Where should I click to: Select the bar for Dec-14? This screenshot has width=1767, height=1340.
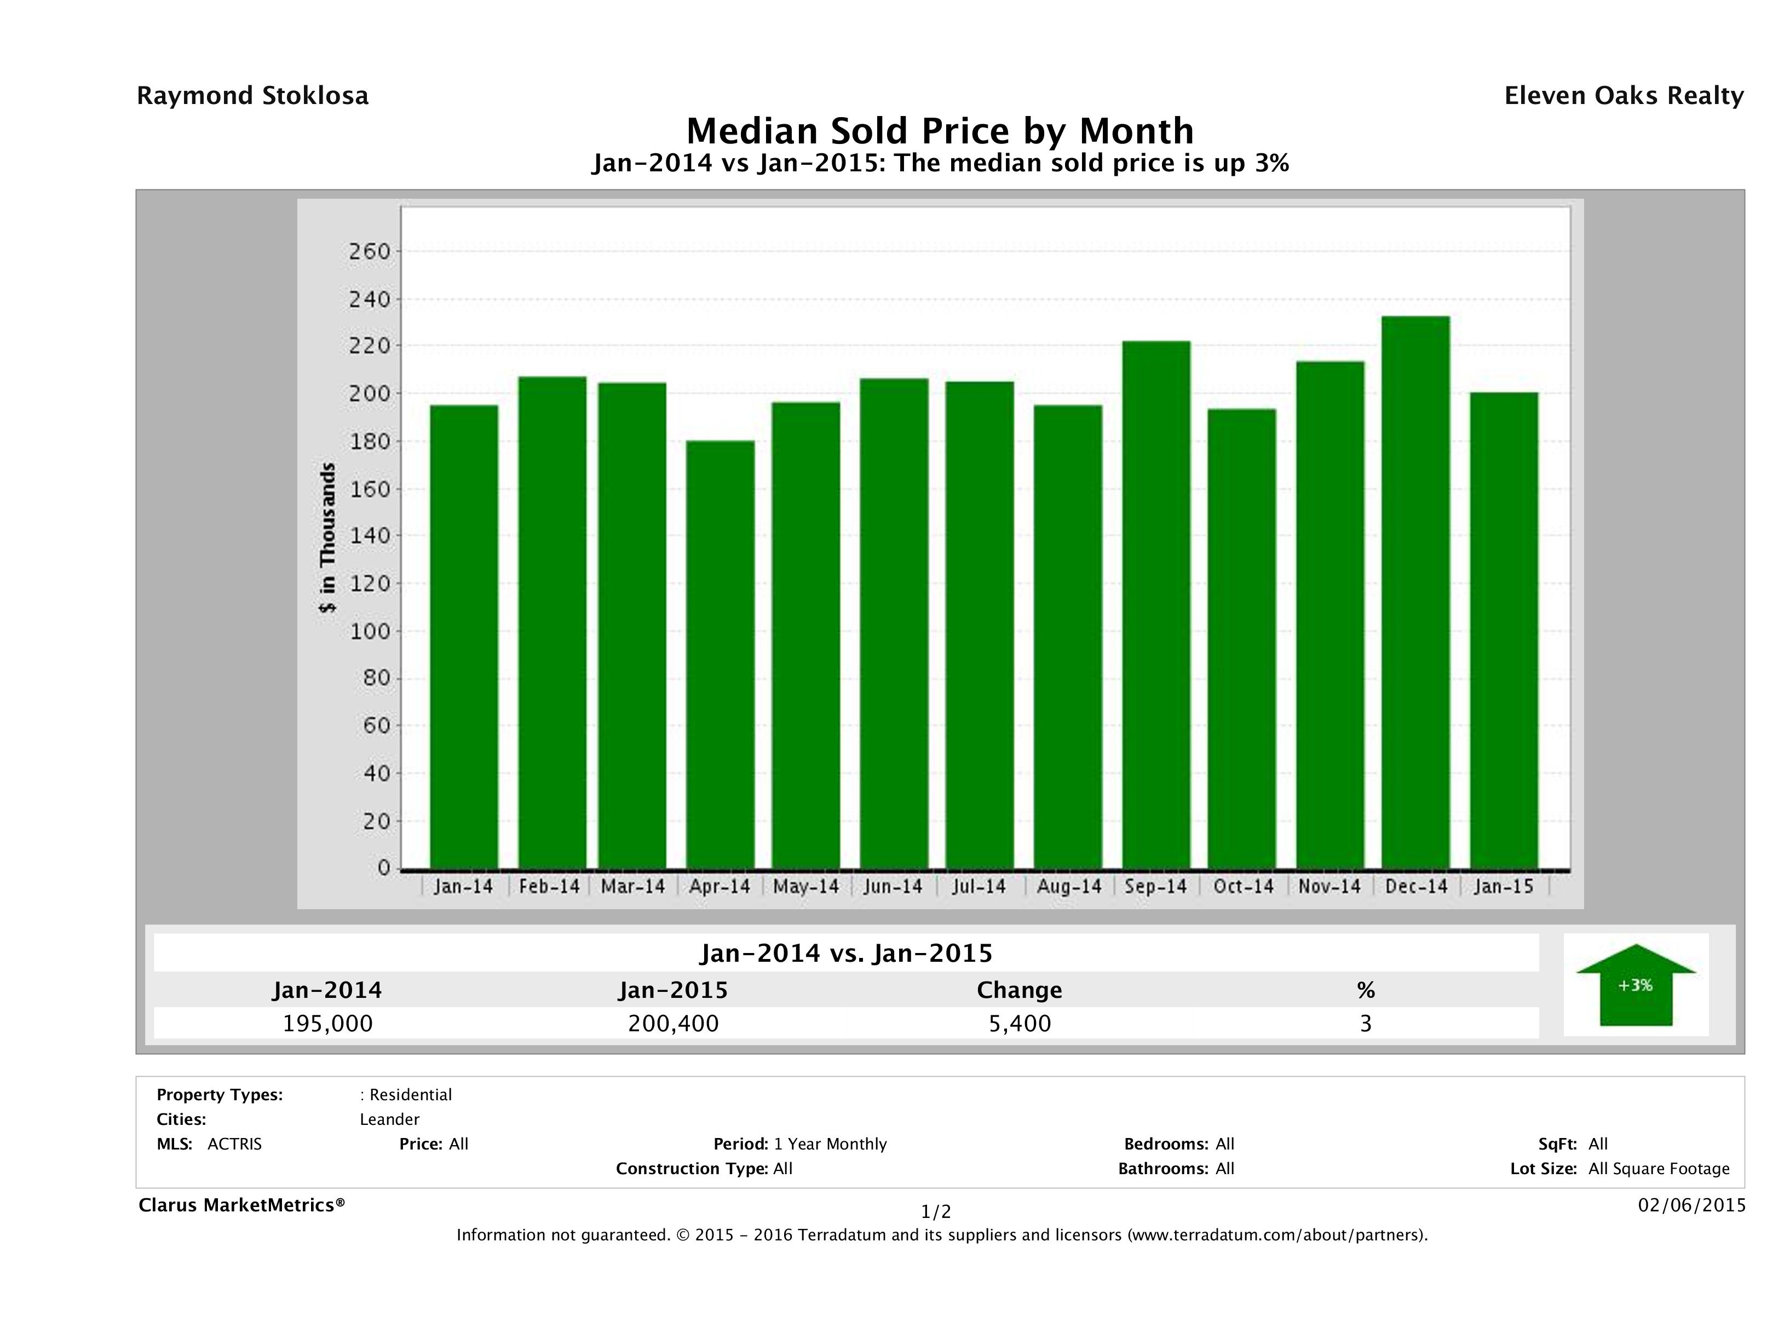[x=1415, y=592]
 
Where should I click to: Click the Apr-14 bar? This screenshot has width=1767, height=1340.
[x=720, y=655]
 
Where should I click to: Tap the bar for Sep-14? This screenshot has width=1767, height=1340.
[x=1155, y=604]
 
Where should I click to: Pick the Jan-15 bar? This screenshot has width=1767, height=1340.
[x=1504, y=631]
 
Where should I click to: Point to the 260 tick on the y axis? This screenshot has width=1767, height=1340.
[x=369, y=252]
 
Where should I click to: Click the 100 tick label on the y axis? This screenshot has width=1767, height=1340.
[x=369, y=632]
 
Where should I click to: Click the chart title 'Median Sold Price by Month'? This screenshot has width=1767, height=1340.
[x=940, y=130]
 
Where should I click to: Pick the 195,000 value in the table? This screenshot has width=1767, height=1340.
[x=327, y=1024]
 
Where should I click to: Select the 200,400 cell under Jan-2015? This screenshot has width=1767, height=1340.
[x=674, y=1024]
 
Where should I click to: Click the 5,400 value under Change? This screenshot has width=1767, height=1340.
[x=1020, y=1024]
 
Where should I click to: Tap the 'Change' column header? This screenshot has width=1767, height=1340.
[x=1020, y=990]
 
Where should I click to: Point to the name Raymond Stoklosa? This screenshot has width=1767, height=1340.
[x=252, y=96]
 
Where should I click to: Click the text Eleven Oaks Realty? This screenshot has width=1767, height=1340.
[x=1623, y=96]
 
